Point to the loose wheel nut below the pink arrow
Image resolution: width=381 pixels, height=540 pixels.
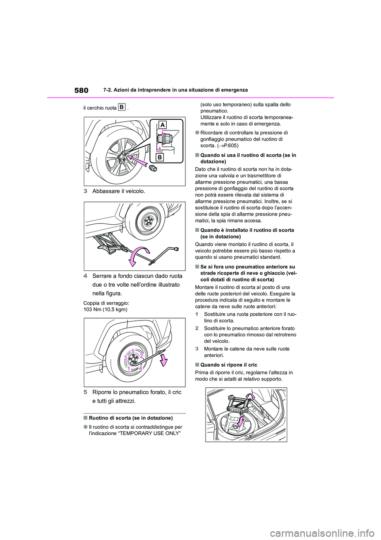pyautogui.click(x=152, y=169)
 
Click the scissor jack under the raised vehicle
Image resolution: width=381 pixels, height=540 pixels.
pyautogui.click(x=109, y=244)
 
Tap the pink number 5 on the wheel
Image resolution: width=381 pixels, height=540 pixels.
pyautogui.click(x=134, y=350)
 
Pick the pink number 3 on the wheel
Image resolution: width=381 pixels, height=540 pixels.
pyautogui.click(x=125, y=358)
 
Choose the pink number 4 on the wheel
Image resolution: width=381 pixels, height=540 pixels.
pyautogui.click(x=140, y=368)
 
